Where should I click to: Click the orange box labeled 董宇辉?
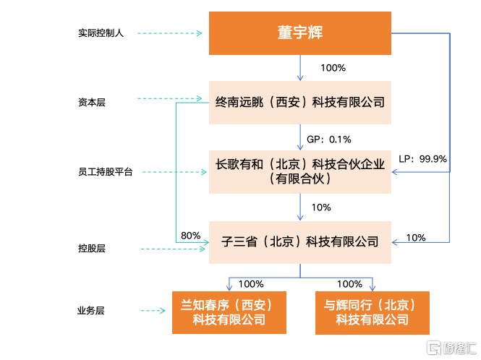300,33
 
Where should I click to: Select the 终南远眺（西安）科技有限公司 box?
300,103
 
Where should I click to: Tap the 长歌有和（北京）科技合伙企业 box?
300,172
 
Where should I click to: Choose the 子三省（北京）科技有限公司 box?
300,242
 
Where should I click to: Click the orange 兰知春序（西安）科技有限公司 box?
229,312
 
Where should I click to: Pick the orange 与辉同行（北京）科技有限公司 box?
373,312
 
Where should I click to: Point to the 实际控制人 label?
101,33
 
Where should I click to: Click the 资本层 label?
92,102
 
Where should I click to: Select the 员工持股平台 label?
105,172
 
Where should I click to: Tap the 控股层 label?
92,248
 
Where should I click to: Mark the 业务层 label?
91,311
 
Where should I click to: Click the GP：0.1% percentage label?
329,140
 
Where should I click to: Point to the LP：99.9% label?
422,159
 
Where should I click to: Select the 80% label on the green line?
190,236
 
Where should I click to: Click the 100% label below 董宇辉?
333,68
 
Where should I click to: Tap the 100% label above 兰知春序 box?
251,284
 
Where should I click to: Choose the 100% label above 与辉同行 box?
349,284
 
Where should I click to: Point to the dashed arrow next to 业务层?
153,311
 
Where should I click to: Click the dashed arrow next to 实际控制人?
170,33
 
